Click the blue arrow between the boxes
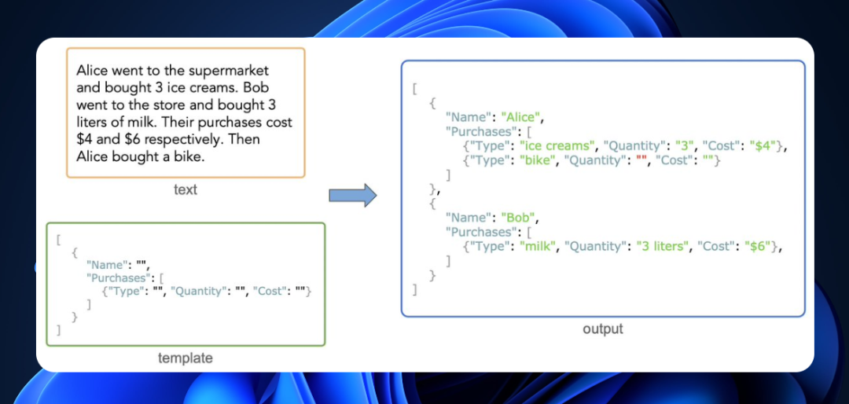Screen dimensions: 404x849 point(352,196)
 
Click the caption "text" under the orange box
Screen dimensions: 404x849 point(186,189)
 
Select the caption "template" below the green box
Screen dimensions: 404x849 point(186,358)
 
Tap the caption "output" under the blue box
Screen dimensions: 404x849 point(603,329)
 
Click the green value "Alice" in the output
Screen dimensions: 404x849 point(521,118)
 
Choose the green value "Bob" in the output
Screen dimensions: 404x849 point(518,218)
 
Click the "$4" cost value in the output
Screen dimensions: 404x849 point(763,146)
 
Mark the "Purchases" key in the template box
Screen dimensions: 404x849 point(116,278)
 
